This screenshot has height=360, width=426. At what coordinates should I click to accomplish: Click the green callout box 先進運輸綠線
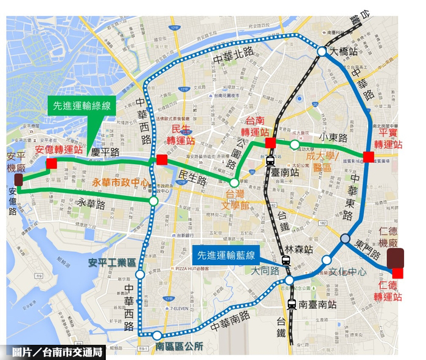pos(81,105)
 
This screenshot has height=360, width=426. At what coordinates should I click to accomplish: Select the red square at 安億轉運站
pos(52,163)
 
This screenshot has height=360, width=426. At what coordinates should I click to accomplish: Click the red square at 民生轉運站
pos(161,159)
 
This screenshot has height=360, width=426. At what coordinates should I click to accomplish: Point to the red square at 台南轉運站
pos(271,144)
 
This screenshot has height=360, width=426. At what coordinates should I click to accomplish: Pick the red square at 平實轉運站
pos(368,157)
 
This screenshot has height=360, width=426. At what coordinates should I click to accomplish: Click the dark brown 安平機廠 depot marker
pos(19,180)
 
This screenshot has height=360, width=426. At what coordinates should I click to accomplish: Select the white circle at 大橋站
pos(321,52)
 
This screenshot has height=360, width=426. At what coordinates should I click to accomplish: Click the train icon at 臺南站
pos(269,161)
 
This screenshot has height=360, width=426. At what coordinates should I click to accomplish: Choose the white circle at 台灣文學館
pos(234,182)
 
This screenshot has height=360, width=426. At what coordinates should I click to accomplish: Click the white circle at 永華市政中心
pos(153,200)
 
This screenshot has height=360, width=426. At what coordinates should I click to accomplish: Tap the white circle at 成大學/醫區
pos(295,144)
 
